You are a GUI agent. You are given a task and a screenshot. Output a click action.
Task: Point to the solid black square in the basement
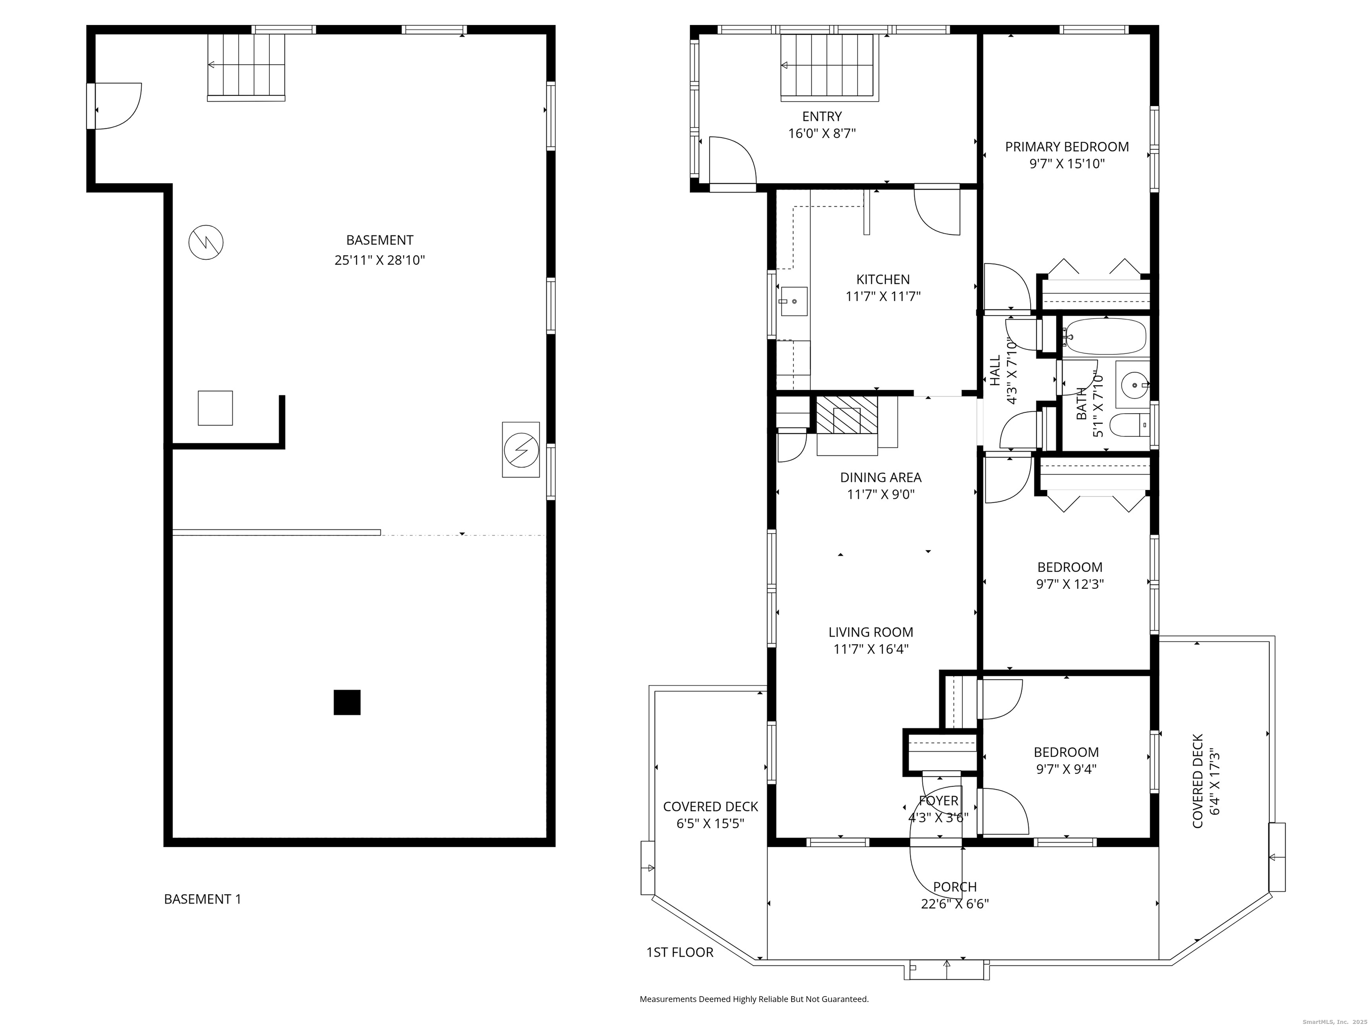pyautogui.click(x=347, y=702)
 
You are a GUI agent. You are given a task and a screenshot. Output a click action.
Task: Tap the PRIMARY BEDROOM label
pyautogui.click(x=1066, y=147)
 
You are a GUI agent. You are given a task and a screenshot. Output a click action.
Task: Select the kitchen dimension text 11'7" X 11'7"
pyautogui.click(x=883, y=296)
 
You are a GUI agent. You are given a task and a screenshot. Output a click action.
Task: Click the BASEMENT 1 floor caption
pyautogui.click(x=202, y=899)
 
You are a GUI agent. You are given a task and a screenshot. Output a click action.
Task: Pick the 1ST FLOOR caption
pyautogui.click(x=680, y=952)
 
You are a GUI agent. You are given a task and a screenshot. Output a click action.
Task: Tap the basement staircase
pyautogui.click(x=246, y=67)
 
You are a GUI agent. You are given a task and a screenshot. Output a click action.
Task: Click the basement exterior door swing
pyautogui.click(x=118, y=106)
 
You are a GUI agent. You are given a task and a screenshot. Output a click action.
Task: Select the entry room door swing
pyautogui.click(x=733, y=160)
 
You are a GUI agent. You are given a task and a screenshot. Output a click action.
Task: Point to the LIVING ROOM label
pyautogui.click(x=871, y=632)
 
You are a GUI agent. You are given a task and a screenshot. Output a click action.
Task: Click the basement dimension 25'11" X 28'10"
pyautogui.click(x=380, y=260)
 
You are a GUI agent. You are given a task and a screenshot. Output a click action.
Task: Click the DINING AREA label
pyautogui.click(x=881, y=477)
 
